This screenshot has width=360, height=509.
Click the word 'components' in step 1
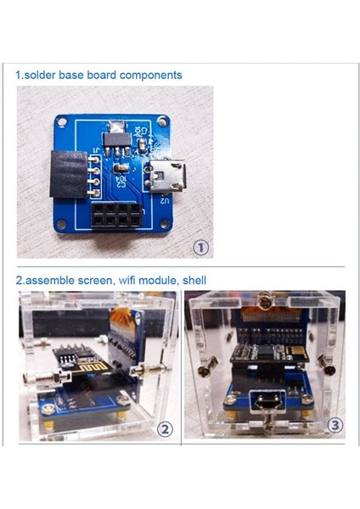(x=150, y=76)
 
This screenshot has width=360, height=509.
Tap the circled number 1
(x=201, y=248)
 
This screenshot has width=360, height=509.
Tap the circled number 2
(x=165, y=429)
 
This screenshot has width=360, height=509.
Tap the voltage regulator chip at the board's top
(x=111, y=135)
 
